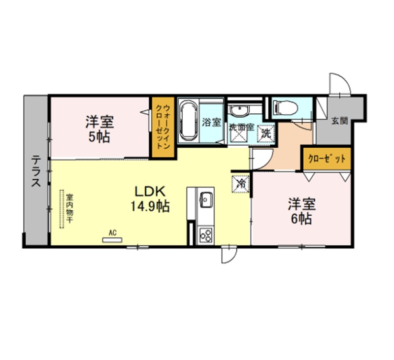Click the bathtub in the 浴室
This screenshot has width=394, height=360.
[188, 121]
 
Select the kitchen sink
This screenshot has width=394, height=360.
[206, 199]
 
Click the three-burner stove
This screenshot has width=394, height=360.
[205, 235]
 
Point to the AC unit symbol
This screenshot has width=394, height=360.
[112, 240]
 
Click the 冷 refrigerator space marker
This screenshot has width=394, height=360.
[240, 184]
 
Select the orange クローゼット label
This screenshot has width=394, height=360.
[327, 159]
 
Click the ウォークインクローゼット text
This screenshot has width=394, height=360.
[163, 127]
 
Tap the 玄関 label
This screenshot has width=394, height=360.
[340, 121]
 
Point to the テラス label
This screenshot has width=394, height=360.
[36, 171]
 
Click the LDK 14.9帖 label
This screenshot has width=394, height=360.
[150, 199]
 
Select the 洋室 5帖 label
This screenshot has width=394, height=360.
[99, 129]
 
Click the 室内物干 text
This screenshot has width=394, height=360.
[69, 208]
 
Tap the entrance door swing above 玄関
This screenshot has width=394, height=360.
[340, 84]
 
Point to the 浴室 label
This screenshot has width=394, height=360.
[212, 122]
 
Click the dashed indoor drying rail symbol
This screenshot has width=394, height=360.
[62, 209]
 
